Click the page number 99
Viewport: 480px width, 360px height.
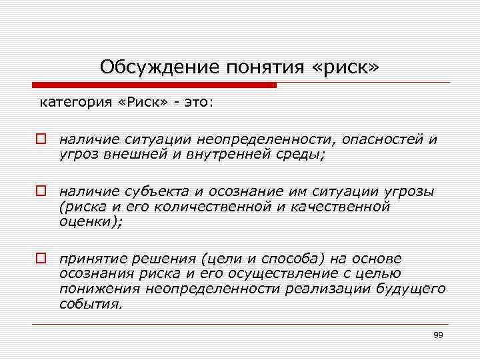point(438,335)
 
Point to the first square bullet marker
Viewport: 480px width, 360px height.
point(41,140)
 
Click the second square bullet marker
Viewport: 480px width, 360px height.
point(41,192)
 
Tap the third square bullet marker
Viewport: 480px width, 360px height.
point(41,258)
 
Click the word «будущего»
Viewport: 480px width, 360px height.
point(406,287)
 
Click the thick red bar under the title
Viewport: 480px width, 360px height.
point(154,85)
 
